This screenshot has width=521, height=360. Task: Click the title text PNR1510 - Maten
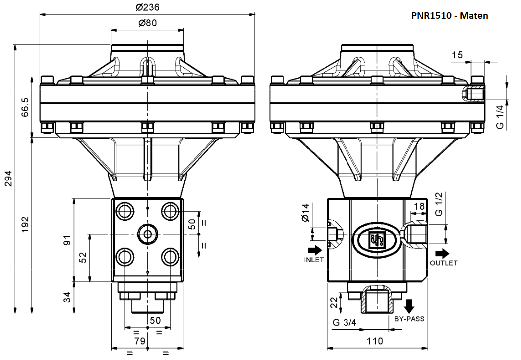(x=449, y=15)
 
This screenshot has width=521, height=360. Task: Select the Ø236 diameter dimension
(x=147, y=7)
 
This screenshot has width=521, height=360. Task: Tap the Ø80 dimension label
(x=147, y=23)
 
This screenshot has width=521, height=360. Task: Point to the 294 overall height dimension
(x=8, y=179)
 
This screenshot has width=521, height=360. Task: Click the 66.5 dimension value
(x=25, y=108)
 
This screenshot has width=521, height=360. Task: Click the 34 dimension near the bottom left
(x=67, y=298)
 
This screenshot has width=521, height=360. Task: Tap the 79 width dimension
(x=140, y=341)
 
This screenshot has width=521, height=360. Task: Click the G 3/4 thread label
(x=345, y=322)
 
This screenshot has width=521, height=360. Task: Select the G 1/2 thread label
(x=439, y=204)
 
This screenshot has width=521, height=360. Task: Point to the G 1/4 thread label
(x=500, y=118)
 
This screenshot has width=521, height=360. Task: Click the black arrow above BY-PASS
(x=410, y=305)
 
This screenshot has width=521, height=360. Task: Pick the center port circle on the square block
(x=147, y=233)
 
